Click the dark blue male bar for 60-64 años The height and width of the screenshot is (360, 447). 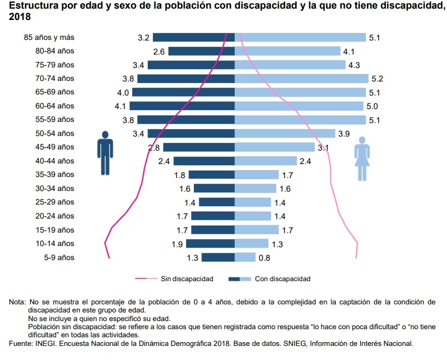tap(182, 106)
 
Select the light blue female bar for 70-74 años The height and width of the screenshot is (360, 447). tap(301, 78)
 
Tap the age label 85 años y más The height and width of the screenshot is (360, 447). tap(49, 37)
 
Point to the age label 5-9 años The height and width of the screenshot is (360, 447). tap(59, 257)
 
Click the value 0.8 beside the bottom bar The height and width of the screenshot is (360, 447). tap(265, 258)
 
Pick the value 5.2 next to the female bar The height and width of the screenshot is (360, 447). tap(377, 79)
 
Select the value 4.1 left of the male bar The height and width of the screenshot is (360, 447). tap(120, 106)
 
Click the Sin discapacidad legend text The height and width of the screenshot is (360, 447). tap(187, 279)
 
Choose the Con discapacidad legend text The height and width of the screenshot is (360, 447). tap(282, 279)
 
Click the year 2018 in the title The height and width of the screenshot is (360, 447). tap(20, 17)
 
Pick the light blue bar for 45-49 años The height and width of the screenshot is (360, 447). tap(274, 147)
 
